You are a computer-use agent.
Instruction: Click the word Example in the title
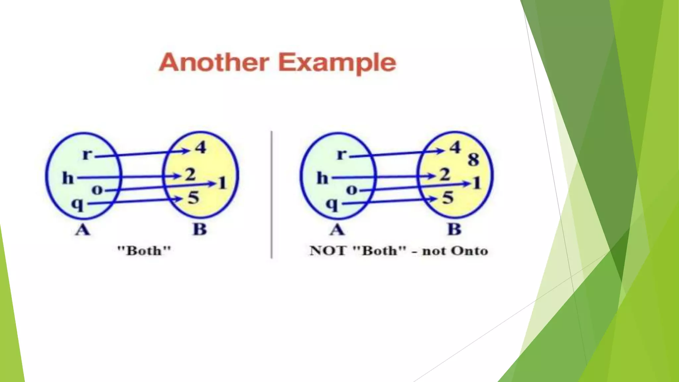click(337, 63)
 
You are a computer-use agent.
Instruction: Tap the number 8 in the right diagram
click(473, 159)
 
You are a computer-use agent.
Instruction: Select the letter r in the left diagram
click(87, 154)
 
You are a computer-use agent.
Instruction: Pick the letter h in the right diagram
click(322, 178)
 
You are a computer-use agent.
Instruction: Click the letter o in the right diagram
click(351, 190)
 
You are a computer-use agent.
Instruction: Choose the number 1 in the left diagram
click(222, 183)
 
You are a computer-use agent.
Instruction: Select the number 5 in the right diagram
click(448, 198)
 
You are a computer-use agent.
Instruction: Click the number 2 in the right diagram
click(445, 174)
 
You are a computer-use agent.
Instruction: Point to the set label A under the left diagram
click(82, 229)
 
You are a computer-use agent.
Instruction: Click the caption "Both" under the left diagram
click(144, 250)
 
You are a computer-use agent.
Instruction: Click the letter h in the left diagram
click(68, 178)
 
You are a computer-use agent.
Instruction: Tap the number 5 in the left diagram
click(193, 198)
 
